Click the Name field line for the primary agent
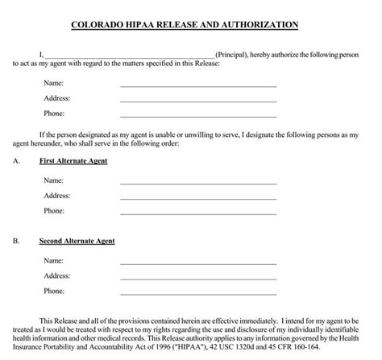198,85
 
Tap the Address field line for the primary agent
198,101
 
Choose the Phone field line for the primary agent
198,117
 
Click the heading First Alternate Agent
73,161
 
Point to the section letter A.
16,161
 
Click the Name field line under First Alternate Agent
198,183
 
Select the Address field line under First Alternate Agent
198,198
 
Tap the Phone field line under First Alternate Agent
198,213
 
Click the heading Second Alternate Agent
77,241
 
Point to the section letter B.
16,241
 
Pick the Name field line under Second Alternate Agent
198,263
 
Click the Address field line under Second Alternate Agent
198,278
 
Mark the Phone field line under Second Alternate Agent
198,293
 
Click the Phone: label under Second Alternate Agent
54,291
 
